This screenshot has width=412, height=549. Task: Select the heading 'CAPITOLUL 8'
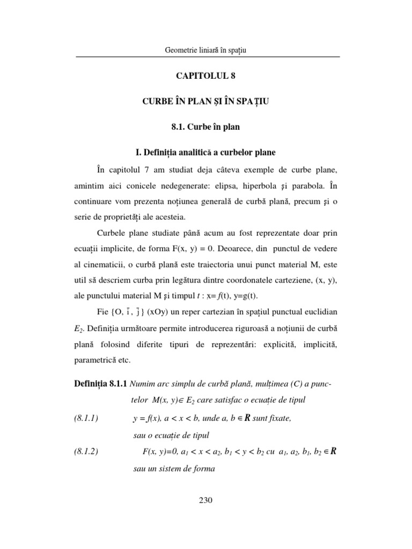(206, 76)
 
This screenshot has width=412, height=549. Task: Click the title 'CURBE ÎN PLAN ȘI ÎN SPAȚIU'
(206, 102)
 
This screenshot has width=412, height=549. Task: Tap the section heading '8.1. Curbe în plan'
(206, 128)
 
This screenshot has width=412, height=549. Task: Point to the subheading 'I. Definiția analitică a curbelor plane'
(206, 153)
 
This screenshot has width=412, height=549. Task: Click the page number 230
(206, 501)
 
